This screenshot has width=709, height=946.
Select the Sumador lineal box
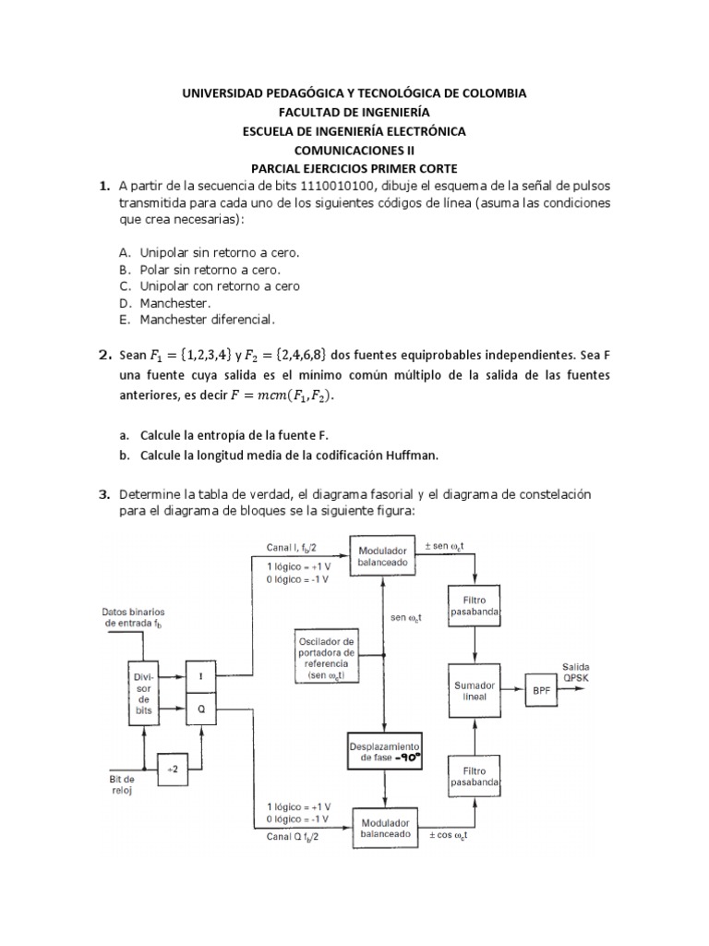475,690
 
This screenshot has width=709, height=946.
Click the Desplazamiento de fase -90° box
385,754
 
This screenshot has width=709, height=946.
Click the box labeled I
202,676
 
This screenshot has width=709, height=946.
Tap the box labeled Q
202,709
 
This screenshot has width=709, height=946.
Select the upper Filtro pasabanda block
475,605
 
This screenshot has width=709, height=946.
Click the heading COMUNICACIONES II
354,149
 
